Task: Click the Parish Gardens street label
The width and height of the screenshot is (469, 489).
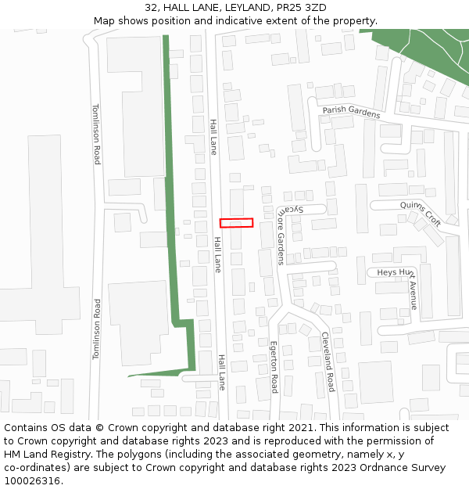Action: click(351, 113)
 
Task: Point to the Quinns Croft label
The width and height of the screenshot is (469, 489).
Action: click(421, 213)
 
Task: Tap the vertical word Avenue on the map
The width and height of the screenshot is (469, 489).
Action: click(414, 295)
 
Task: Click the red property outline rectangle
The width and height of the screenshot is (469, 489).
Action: click(236, 223)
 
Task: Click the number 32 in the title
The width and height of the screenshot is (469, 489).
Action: click(152, 8)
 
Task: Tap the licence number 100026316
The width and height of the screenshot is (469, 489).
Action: click(32, 481)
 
